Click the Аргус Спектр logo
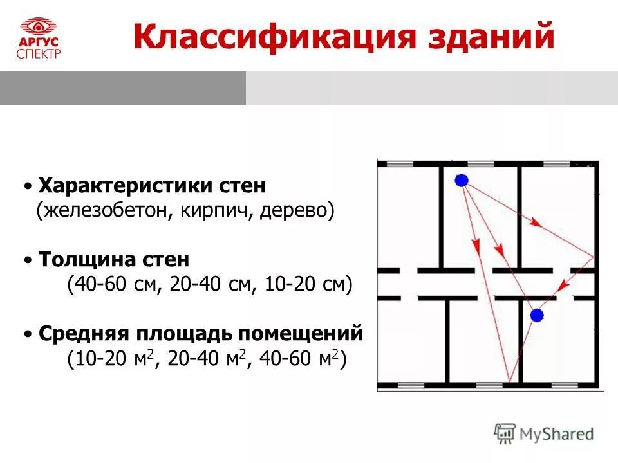tap(39, 38)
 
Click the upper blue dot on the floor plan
tap(461, 181)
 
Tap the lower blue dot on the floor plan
tap(537, 315)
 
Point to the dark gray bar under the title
tap(122, 88)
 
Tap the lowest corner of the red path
tap(509, 381)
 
